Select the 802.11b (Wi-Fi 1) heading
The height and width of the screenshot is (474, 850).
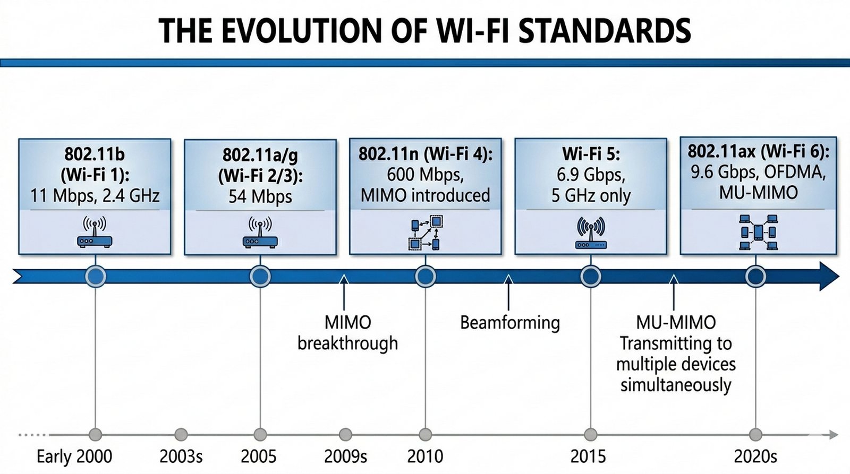tap(95, 164)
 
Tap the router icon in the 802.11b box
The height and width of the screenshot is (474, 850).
tap(95, 232)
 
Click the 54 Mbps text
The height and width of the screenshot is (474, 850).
tap(260, 196)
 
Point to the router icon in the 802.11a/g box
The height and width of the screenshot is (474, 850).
tap(260, 233)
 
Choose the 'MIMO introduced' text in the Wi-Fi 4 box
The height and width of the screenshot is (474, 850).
tap(425, 195)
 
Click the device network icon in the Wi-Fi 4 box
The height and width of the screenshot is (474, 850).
tap(426, 232)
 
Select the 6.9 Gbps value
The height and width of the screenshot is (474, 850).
tap(591, 175)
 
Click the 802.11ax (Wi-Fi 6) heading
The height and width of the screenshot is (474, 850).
tap(758, 152)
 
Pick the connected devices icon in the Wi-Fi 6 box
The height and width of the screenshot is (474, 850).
tap(758, 232)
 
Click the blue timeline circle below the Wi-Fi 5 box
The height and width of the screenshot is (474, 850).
tap(591, 277)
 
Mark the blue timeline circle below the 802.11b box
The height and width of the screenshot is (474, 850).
tap(96, 277)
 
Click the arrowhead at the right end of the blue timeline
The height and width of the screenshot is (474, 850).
tap(829, 276)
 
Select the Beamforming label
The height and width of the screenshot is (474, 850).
tap(509, 323)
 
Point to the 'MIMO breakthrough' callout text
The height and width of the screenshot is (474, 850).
tap(348, 333)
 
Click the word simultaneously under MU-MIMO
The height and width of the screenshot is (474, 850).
tap(676, 385)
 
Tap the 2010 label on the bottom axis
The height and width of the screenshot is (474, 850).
tap(425, 456)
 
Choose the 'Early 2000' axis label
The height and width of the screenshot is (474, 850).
tap(74, 456)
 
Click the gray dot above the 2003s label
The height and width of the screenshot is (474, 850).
tap(181, 435)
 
